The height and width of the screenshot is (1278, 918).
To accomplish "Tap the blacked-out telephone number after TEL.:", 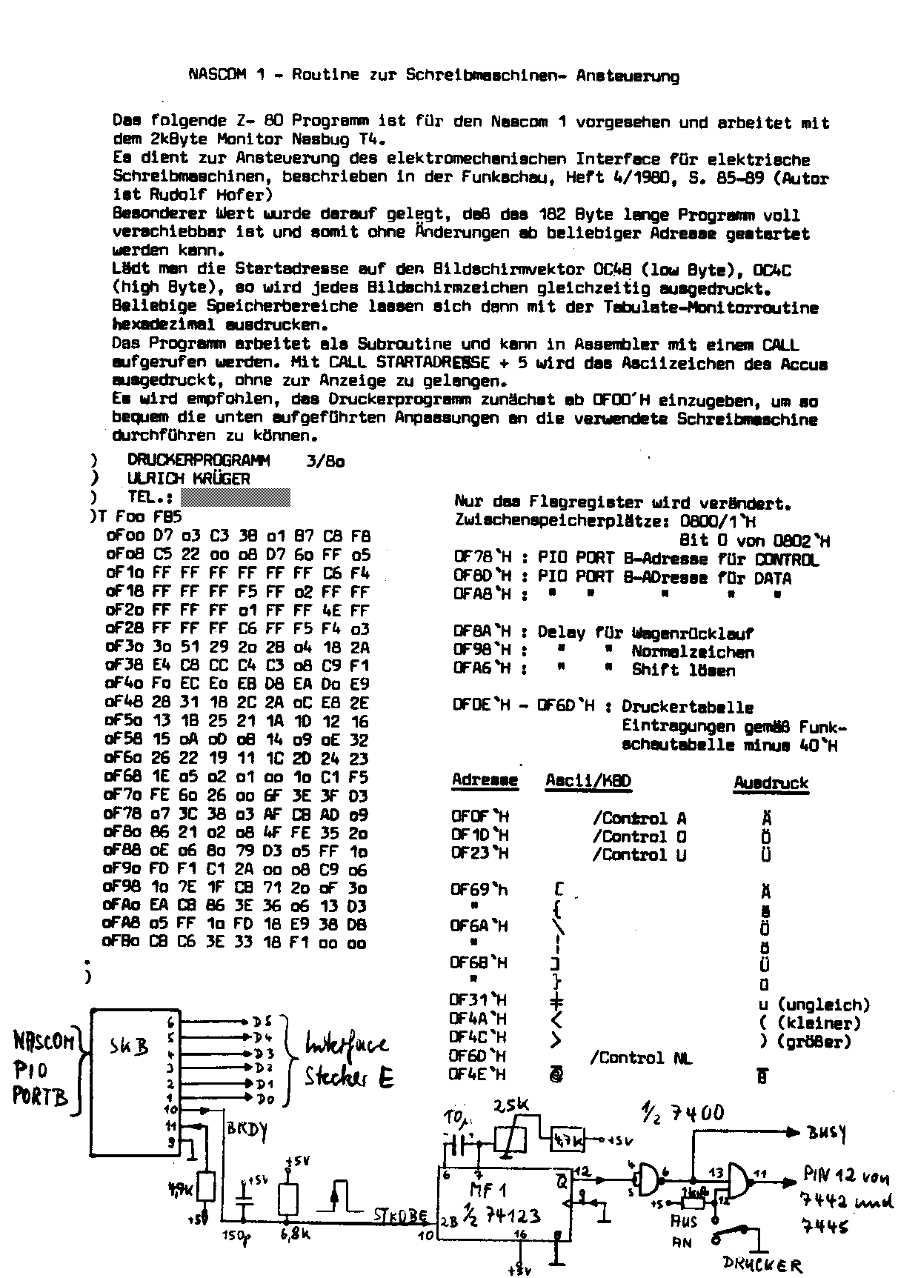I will [236, 497].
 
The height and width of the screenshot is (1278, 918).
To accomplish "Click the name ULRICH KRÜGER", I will [189, 479].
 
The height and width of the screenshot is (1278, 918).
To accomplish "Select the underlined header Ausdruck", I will [771, 783].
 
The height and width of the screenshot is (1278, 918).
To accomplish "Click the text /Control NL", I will [640, 1059].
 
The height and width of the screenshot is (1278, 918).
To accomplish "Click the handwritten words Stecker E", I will [349, 1076].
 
